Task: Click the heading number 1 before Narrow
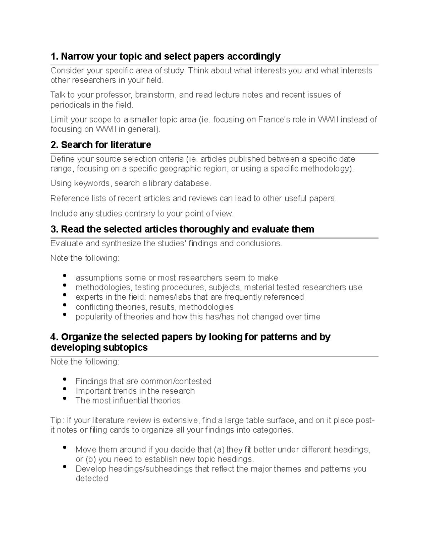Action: pyautogui.click(x=54, y=57)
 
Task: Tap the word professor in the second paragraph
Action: pyautogui.click(x=113, y=95)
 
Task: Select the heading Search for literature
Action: pyautogui.click(x=106, y=145)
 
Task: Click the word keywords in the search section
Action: pyautogui.click(x=93, y=183)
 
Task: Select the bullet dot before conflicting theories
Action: pyautogui.click(x=64, y=305)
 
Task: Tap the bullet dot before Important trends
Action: pyautogui.click(x=64, y=389)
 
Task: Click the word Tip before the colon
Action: pyautogui.click(x=56, y=420)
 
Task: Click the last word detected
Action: pyautogui.click(x=92, y=479)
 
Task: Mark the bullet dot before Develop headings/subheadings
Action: pyautogui.click(x=64, y=467)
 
